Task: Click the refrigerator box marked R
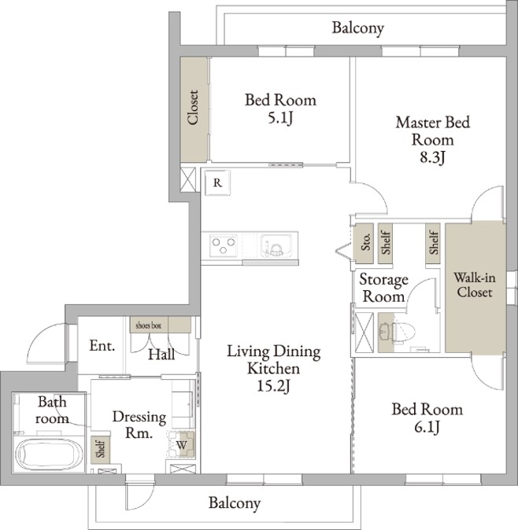point(218,182)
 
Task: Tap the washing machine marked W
point(182,445)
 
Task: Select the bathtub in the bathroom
point(50,454)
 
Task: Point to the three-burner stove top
point(223,245)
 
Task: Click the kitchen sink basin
point(276,245)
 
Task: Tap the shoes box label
point(149,326)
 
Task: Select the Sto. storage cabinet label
point(365,242)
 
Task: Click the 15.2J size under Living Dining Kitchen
point(273,386)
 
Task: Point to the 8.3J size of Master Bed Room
point(432,157)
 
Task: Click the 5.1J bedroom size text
point(280,118)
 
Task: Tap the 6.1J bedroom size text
point(427,427)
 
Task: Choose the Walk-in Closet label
point(475,285)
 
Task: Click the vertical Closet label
point(193,108)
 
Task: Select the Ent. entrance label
point(102,346)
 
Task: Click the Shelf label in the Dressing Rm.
point(101,448)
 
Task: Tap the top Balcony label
point(358,28)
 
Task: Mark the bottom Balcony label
point(235,503)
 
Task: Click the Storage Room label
point(383,289)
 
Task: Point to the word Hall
point(161,355)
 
